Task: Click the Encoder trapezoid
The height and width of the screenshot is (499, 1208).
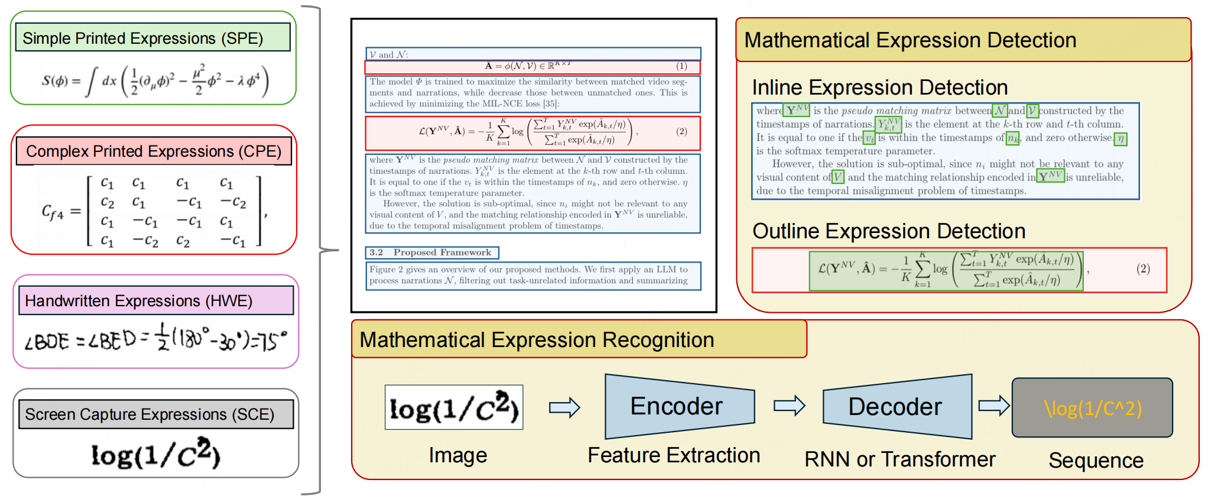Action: point(679,406)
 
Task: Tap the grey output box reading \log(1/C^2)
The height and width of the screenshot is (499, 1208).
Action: point(1092,408)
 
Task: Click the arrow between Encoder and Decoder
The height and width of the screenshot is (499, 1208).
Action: point(789,406)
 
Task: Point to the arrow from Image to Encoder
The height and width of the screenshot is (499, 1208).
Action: point(564,407)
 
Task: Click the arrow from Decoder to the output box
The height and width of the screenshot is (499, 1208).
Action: point(993,406)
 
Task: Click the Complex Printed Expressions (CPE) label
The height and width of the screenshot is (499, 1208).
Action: point(154,151)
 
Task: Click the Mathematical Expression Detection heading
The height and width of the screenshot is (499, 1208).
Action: point(910,40)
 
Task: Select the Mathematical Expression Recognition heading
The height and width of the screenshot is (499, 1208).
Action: point(537,340)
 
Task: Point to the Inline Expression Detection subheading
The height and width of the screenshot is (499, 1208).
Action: point(879,88)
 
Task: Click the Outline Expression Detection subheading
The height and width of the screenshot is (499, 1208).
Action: point(889,231)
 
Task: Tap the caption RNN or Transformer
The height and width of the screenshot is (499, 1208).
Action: point(899,459)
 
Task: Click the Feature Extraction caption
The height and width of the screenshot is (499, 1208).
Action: point(674,455)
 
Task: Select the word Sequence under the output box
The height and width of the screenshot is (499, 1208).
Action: point(1096,461)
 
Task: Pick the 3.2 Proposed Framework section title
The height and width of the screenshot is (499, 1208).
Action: point(432,252)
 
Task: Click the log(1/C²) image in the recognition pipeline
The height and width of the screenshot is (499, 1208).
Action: point(454,407)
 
